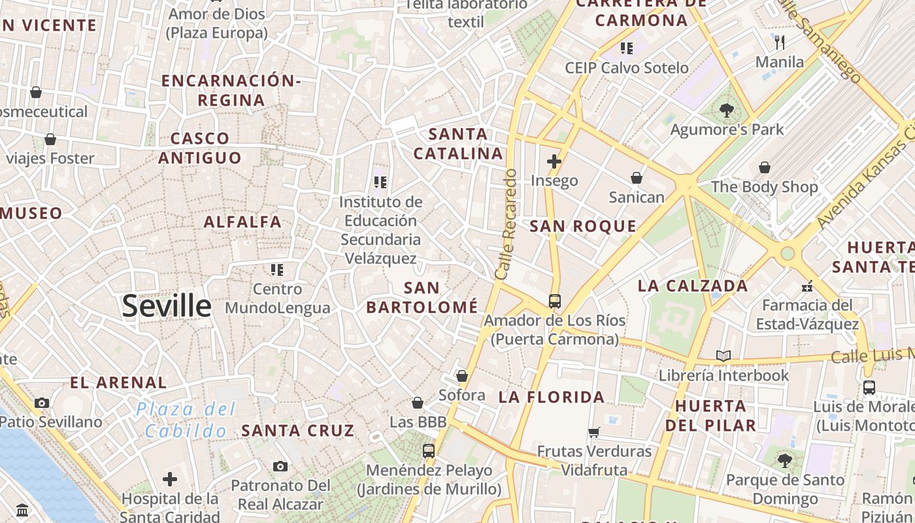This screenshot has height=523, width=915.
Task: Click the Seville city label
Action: click(167, 306)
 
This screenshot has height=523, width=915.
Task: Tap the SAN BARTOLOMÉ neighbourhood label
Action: click(422, 297)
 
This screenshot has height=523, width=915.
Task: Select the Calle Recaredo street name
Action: click(507, 224)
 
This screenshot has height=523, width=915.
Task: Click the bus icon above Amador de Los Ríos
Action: click(554, 301)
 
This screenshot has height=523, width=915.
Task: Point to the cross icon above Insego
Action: click(554, 161)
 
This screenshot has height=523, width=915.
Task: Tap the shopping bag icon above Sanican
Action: click(636, 178)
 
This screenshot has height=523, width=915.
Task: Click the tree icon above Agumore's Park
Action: click(726, 110)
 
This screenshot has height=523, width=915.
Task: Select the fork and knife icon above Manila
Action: click(779, 42)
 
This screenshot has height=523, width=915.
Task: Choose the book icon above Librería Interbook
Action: click(723, 356)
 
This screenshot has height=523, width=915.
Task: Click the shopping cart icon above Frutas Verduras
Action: click(593, 432)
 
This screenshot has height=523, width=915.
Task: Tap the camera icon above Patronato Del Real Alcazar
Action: click(280, 466)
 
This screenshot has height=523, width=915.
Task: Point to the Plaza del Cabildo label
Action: click(186, 420)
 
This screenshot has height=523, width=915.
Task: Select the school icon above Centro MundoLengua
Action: click(277, 269)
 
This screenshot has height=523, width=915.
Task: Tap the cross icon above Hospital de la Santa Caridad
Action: click(170, 480)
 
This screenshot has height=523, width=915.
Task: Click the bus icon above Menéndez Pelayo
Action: click(428, 450)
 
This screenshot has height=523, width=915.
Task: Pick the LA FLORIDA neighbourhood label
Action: click(552, 397)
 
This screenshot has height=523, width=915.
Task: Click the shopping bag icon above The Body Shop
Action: click(764, 168)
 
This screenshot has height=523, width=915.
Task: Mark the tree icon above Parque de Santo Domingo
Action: click(785, 461)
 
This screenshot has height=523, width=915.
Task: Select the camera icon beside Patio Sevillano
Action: click(42, 403)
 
